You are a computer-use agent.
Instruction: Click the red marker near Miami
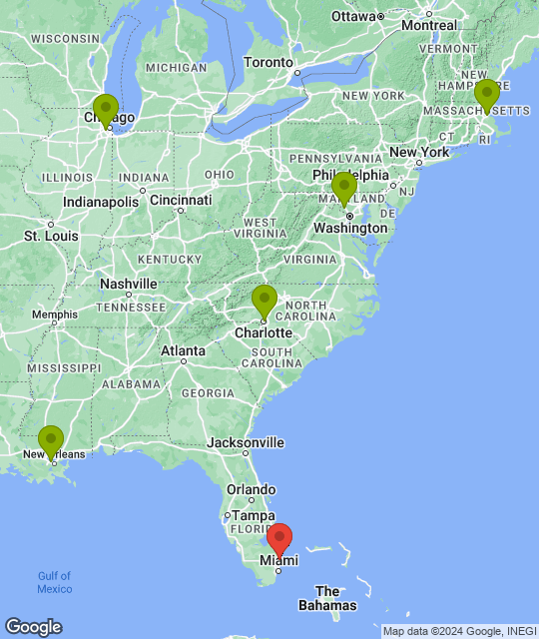tap(279, 537)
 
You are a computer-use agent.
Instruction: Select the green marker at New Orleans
tap(51, 439)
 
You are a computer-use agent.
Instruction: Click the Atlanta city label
tap(185, 350)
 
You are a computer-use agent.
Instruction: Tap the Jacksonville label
tap(246, 442)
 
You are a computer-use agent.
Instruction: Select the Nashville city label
tap(130, 284)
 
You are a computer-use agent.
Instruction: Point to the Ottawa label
tap(351, 16)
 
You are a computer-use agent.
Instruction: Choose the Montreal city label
tap(429, 25)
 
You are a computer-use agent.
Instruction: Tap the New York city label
tap(419, 152)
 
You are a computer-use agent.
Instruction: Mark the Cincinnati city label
tap(181, 200)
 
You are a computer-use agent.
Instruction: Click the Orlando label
tap(251, 490)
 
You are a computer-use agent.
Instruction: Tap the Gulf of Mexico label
tap(55, 582)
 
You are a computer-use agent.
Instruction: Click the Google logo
tap(33, 627)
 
